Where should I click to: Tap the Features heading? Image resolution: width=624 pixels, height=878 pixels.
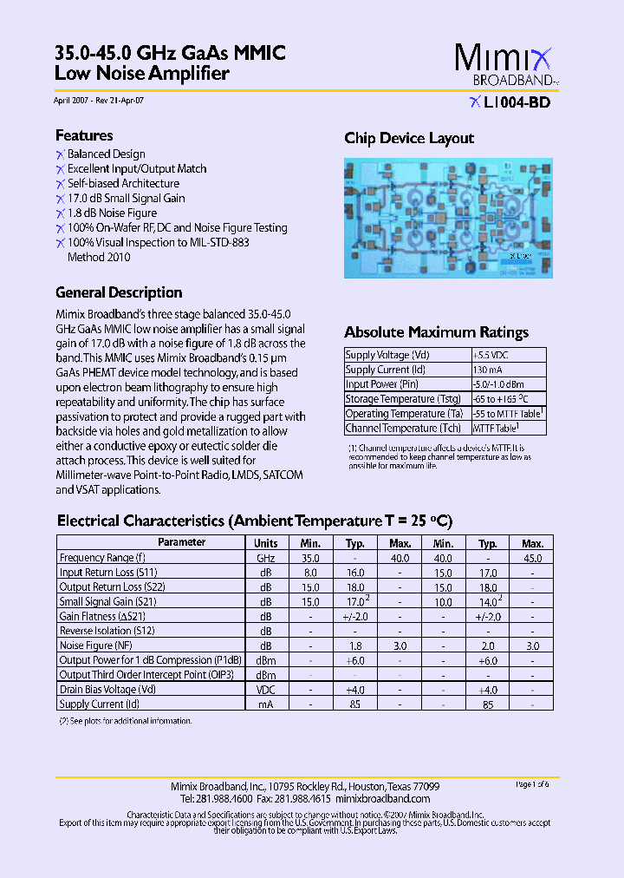click(84, 135)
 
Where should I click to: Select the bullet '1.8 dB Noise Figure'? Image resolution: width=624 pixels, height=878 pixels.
click(112, 213)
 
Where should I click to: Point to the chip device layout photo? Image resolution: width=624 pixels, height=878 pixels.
click(448, 217)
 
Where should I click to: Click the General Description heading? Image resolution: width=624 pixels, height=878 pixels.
click(119, 292)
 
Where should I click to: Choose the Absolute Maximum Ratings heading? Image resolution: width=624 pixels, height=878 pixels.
click(436, 332)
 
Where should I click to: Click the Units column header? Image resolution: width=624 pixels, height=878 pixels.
click(266, 542)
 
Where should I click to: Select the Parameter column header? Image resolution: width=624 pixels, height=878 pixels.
click(182, 542)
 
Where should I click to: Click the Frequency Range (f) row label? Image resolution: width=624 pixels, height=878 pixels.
click(102, 558)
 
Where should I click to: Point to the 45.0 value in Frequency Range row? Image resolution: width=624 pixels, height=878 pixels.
click(532, 558)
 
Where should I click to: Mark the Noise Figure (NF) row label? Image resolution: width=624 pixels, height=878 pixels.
click(95, 645)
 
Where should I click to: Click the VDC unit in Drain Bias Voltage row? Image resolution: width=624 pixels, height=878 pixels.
click(266, 690)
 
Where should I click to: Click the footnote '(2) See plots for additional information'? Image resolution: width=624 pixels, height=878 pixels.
click(125, 721)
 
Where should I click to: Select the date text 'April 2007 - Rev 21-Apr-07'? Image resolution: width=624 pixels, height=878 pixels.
click(99, 101)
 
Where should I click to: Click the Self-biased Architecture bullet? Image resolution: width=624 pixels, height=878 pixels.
click(123, 183)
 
